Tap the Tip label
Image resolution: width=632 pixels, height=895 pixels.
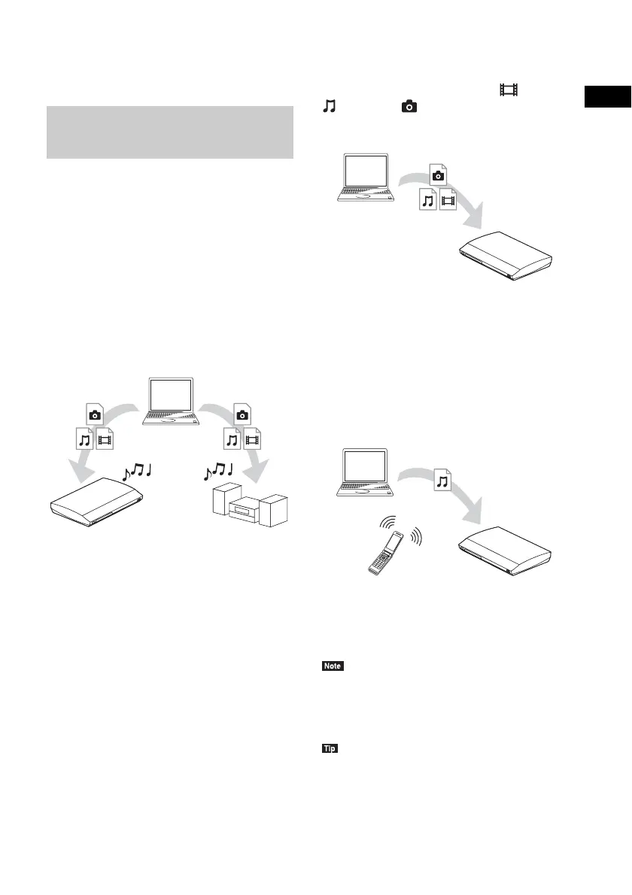pos(330,749)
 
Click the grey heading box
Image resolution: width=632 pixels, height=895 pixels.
pos(170,132)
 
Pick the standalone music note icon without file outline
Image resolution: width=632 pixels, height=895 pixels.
pos(328,108)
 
